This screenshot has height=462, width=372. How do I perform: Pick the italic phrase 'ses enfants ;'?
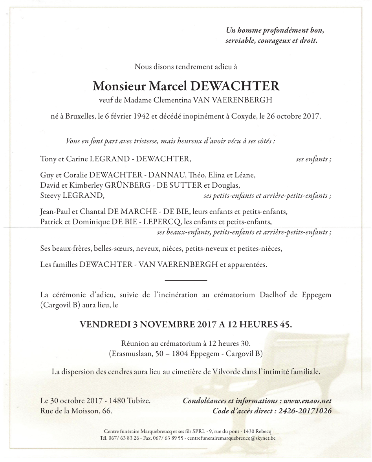[313, 159]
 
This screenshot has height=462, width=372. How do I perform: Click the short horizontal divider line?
[186, 280]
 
